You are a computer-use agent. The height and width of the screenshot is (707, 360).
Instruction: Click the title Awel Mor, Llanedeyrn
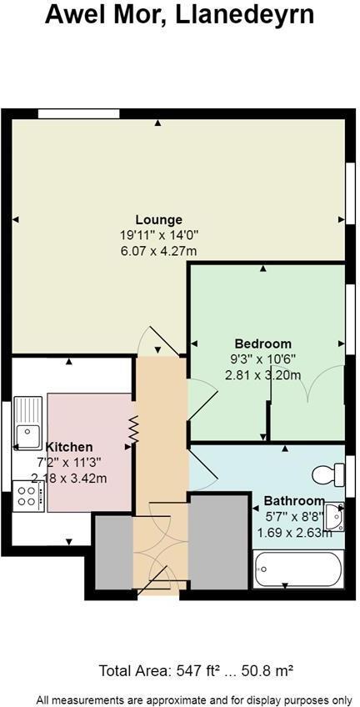pyautogui.click(x=179, y=14)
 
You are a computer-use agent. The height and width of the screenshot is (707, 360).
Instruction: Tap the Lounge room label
pyautogui.click(x=158, y=220)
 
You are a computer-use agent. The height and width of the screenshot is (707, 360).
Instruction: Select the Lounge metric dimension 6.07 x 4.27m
pyautogui.click(x=158, y=251)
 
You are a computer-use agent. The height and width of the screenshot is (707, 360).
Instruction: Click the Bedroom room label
pyautogui.click(x=262, y=343)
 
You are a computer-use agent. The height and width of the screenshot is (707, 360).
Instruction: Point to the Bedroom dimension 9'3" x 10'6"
pyautogui.click(x=262, y=359)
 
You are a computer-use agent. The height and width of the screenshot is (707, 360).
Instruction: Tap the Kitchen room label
pyautogui.click(x=69, y=447)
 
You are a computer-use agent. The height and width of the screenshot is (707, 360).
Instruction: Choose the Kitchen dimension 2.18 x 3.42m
pyautogui.click(x=69, y=478)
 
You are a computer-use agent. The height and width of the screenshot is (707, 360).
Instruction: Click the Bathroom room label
pyautogui.click(x=294, y=500)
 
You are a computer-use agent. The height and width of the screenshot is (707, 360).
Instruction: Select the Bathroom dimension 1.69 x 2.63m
pyautogui.click(x=294, y=532)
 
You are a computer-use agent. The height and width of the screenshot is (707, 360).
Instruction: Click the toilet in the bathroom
pyautogui.click(x=328, y=475)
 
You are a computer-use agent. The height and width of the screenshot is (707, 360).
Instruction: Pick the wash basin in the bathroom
pyautogui.click(x=335, y=516)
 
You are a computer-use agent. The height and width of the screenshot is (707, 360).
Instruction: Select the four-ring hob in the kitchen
pyautogui.click(x=27, y=498)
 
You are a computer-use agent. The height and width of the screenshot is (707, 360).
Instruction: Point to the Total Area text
pyautogui.click(x=196, y=670)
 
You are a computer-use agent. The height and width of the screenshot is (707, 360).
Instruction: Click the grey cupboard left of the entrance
pyautogui.click(x=113, y=552)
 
